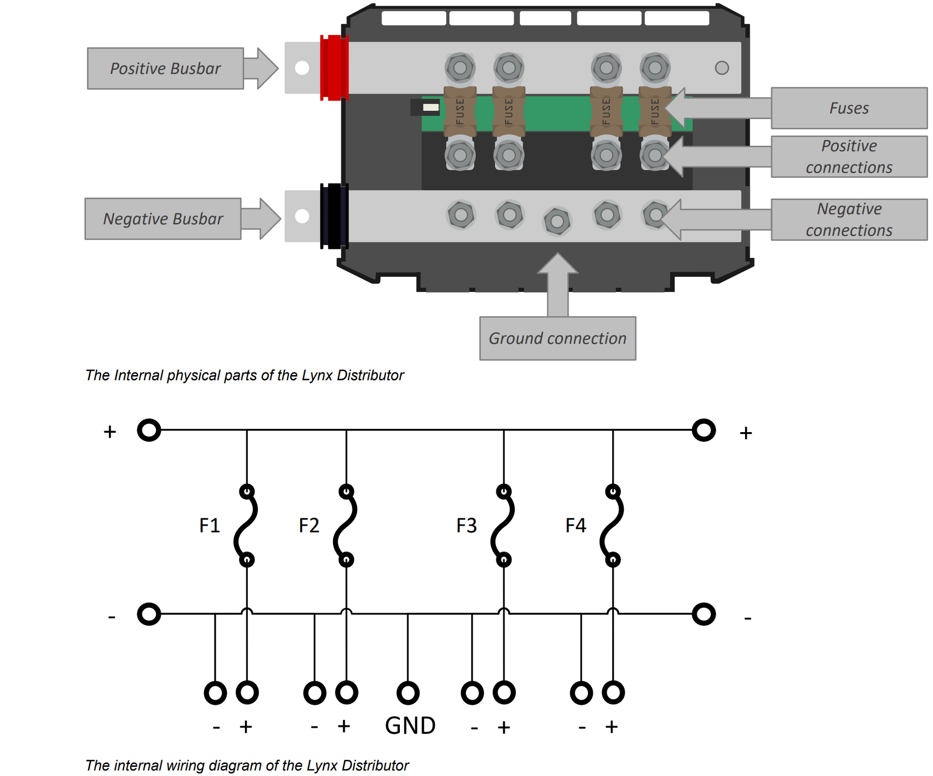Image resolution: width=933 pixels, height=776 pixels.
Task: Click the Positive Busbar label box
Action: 165,69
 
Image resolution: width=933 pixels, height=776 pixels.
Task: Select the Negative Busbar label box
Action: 163,219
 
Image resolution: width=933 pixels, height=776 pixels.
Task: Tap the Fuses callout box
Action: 849,108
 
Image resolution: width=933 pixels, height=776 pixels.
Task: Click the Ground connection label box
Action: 557,338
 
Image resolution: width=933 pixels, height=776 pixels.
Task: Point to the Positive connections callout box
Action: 849,157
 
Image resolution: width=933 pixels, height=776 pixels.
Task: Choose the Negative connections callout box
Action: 849,220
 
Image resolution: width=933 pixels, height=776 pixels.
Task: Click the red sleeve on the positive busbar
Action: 334,68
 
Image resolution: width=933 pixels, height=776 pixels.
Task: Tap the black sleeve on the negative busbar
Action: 334,216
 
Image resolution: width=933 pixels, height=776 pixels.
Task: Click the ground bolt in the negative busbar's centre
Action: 557,221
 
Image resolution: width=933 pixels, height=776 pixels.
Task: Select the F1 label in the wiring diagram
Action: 210,526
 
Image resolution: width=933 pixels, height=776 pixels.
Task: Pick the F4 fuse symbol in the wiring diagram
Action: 612,526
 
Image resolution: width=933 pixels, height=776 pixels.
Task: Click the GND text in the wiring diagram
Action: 410,726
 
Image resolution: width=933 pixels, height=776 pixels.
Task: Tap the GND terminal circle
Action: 408,693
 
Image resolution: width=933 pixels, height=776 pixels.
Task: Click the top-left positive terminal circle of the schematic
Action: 149,430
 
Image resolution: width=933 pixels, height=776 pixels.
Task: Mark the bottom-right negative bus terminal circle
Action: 704,614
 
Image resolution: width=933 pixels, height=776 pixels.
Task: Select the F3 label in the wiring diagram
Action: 466,526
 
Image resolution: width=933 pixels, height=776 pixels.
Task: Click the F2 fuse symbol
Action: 346,526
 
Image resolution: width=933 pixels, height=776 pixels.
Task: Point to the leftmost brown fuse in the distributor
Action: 460,111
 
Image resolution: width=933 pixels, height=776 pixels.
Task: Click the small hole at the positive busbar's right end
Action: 722,68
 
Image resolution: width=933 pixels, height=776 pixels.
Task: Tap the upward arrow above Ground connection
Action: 558,283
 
